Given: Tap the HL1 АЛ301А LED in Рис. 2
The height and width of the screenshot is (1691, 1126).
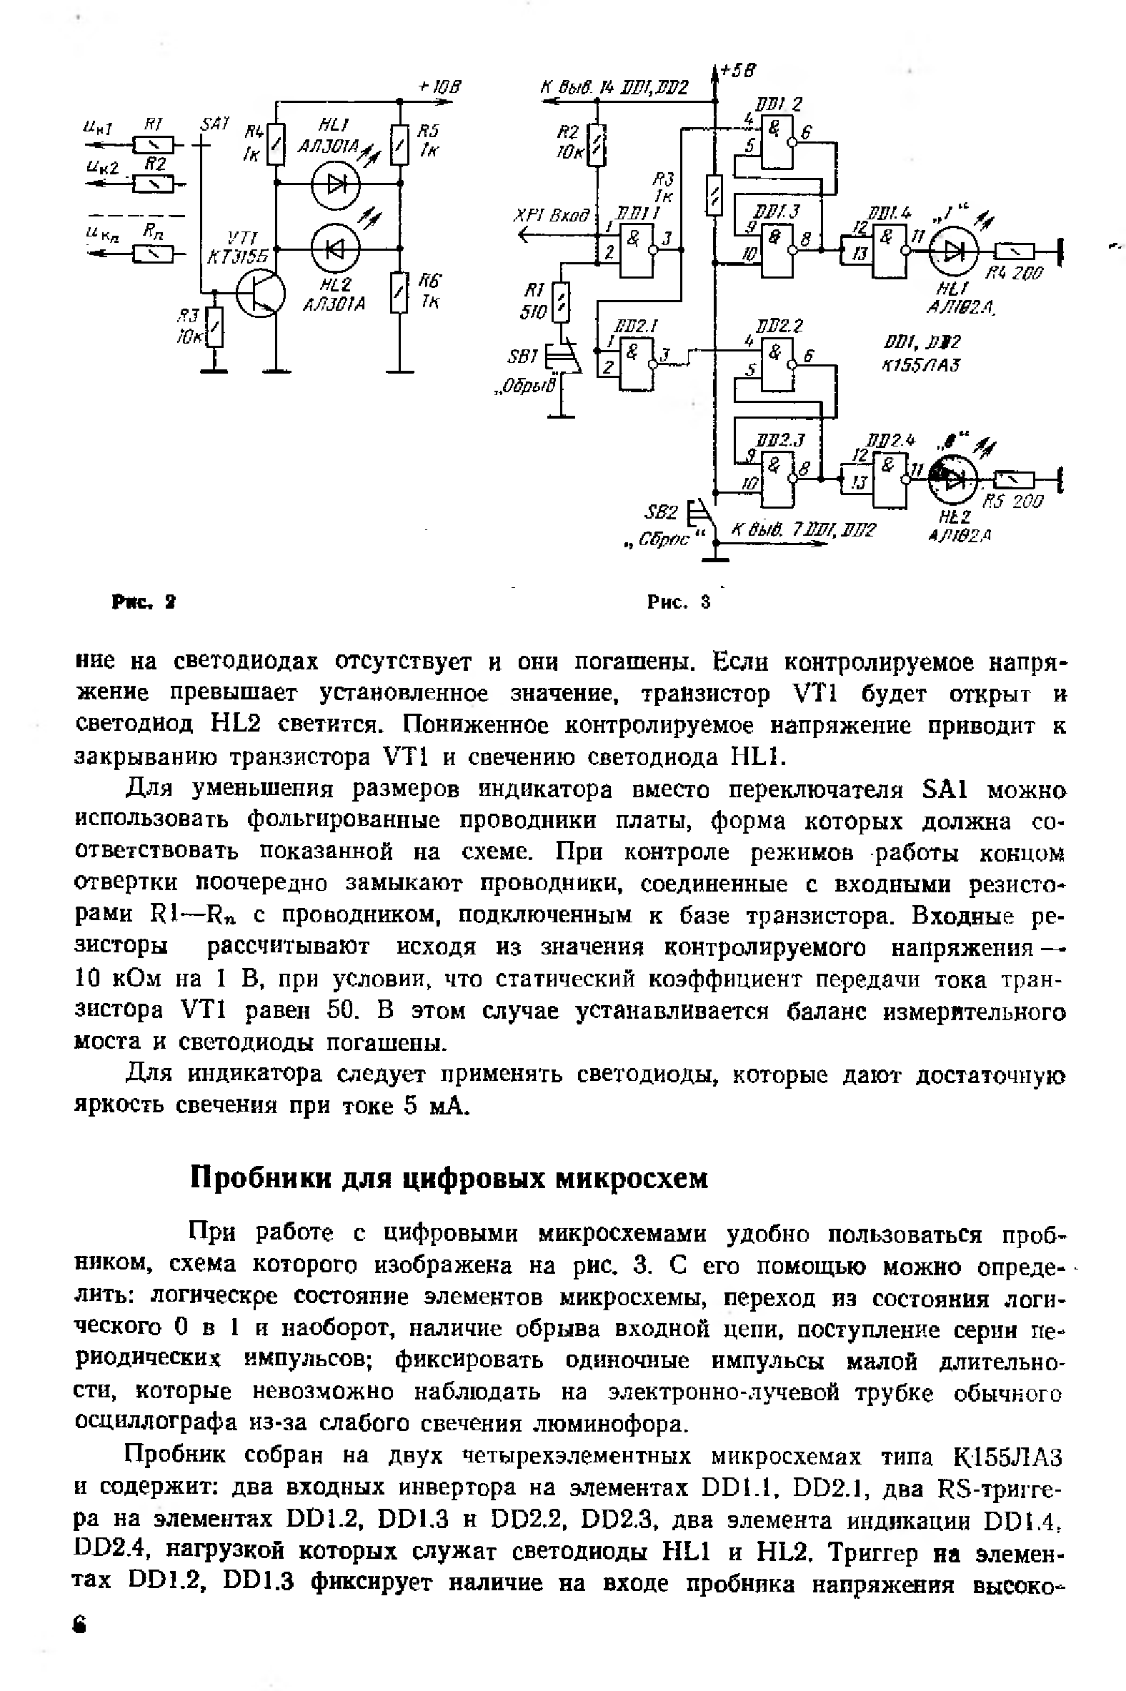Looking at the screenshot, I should click(x=334, y=184).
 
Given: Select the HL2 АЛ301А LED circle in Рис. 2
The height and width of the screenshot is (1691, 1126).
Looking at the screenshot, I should click(x=334, y=249).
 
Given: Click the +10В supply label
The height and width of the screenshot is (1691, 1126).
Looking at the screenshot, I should click(x=439, y=87).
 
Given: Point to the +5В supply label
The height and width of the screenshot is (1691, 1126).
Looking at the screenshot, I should click(x=737, y=69).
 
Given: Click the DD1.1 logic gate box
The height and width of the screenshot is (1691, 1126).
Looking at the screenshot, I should click(x=637, y=249).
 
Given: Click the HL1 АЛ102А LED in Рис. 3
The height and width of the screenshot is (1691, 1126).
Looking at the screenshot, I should click(x=953, y=249).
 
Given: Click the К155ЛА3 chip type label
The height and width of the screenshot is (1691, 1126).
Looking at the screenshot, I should click(x=921, y=365).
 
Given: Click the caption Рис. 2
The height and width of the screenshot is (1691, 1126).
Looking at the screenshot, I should click(x=144, y=601).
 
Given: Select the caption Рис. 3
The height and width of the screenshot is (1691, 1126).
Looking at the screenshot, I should click(x=678, y=601).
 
